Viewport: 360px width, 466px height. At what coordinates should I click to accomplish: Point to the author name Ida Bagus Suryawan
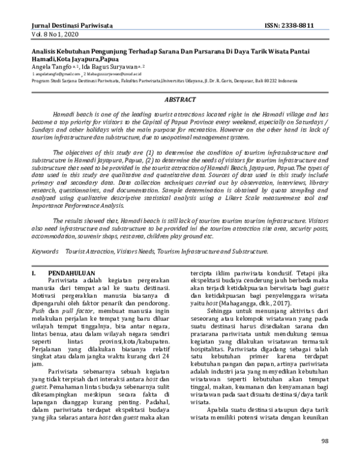point(109,67)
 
